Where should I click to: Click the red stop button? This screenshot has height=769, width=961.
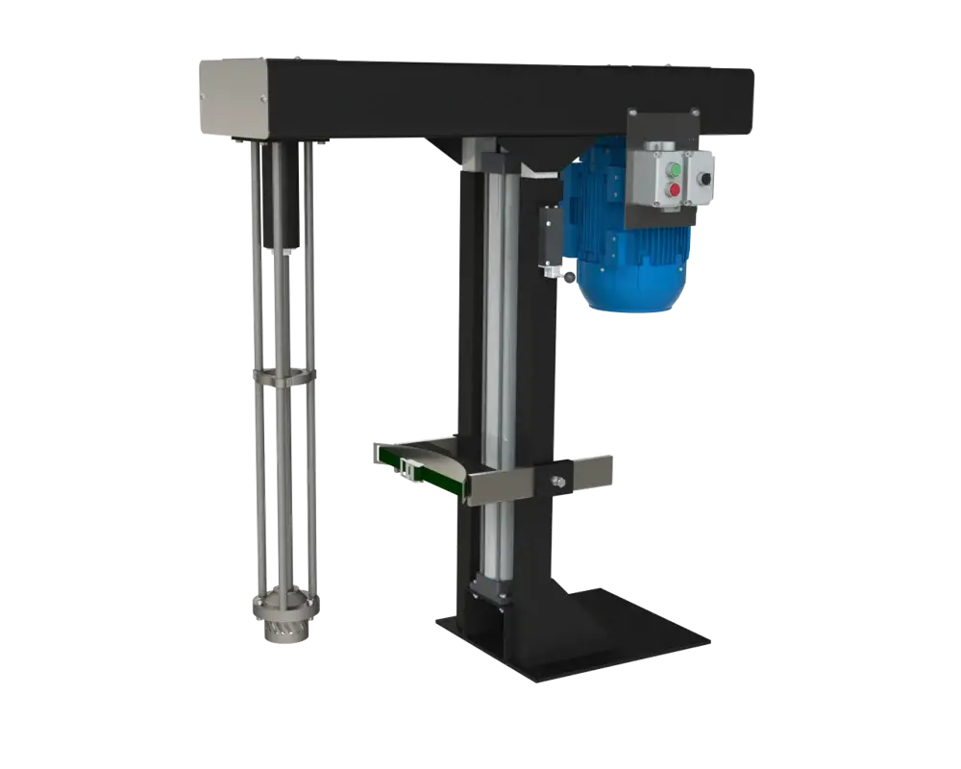[674, 190]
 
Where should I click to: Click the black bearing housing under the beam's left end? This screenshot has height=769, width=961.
[281, 197]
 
